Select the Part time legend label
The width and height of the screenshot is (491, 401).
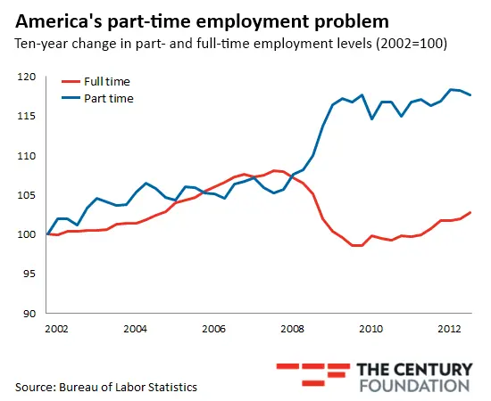(x=111, y=98)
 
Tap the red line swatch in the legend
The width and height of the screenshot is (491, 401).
(x=72, y=82)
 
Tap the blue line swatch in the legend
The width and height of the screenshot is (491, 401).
(x=72, y=98)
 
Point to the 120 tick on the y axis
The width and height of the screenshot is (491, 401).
(x=24, y=78)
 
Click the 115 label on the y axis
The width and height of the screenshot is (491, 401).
(x=24, y=117)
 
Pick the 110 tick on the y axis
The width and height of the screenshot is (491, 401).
(x=24, y=156)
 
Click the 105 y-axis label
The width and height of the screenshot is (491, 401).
(x=24, y=195)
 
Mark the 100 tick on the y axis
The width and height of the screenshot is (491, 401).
(x=24, y=234)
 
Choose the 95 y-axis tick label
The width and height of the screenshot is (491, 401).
(x=27, y=274)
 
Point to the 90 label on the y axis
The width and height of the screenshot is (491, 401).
(x=27, y=313)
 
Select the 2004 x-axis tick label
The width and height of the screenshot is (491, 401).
(x=135, y=330)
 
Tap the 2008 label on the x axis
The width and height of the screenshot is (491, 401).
(x=291, y=330)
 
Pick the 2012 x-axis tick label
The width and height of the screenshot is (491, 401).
(x=447, y=330)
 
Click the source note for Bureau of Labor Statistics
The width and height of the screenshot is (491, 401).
(x=105, y=387)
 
